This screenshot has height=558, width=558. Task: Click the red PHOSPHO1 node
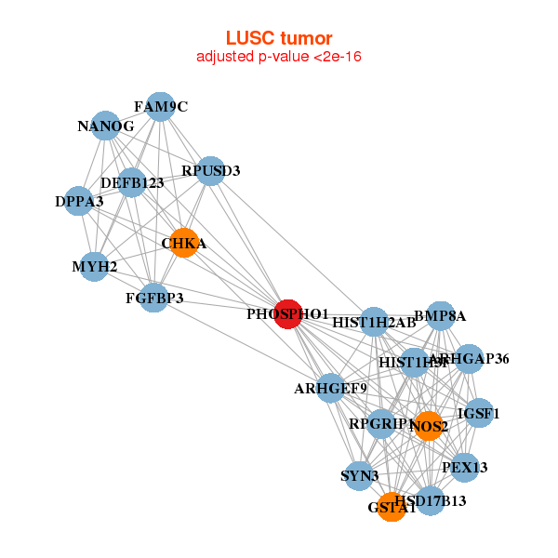(288, 314)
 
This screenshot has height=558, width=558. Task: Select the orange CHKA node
(183, 244)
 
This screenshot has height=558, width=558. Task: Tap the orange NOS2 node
(428, 426)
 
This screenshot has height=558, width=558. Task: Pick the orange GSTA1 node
(392, 508)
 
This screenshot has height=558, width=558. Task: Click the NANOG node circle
(105, 126)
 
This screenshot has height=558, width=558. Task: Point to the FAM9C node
(161, 107)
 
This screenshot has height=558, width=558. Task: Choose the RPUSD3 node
(211, 170)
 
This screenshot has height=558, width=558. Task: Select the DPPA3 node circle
(79, 201)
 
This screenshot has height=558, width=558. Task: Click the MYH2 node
(95, 267)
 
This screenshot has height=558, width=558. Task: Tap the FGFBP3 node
(154, 298)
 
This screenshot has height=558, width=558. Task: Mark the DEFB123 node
(132, 182)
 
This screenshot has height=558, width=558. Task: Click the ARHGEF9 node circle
(331, 387)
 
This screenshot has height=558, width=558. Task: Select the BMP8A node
(440, 316)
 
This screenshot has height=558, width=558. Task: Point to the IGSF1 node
(478, 413)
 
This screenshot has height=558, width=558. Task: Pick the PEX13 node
(464, 466)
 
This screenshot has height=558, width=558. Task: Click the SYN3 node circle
(359, 476)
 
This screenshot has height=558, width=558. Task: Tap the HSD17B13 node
(431, 501)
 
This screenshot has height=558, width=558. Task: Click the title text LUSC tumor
(279, 38)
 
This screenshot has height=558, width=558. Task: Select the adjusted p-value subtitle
(279, 57)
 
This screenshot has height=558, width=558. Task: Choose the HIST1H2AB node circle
(374, 323)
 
